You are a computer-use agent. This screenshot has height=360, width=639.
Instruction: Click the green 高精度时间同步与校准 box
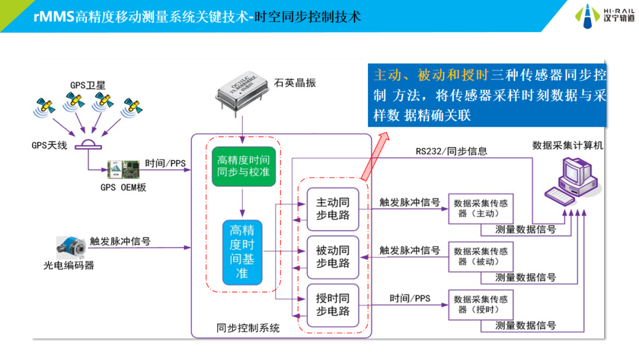[x=243, y=166]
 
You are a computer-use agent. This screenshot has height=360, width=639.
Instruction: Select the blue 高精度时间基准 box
[x=241, y=252]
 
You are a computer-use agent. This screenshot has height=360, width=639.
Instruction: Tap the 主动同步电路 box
[x=333, y=209]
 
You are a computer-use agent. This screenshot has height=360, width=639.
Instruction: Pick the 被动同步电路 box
[x=333, y=257]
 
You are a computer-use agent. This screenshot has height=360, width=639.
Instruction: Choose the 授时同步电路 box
[x=333, y=304]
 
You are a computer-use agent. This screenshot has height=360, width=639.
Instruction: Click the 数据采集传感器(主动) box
[x=480, y=208]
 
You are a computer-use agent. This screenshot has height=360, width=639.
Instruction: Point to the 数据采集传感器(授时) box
[x=480, y=304]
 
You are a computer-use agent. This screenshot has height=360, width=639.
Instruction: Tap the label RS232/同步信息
[x=451, y=152]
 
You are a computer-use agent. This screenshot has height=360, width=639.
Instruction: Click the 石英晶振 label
[x=295, y=83]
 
